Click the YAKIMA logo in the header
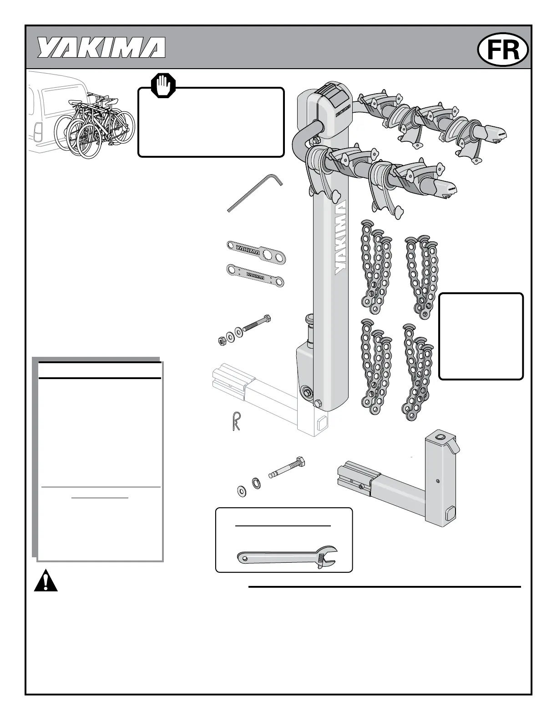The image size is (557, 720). [101, 47]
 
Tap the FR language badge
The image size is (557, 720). [503, 50]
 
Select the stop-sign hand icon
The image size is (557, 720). [163, 85]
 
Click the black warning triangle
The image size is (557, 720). [46, 580]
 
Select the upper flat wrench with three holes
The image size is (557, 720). [256, 252]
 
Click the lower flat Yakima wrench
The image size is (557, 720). [255, 276]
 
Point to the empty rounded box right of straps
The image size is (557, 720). [481, 336]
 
